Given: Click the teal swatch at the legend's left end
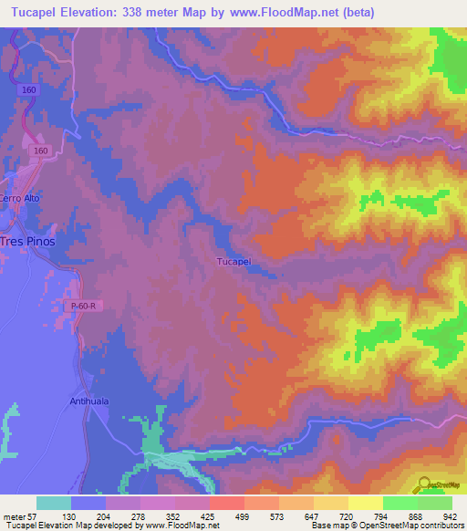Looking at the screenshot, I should pyautogui.click(x=54, y=503).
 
